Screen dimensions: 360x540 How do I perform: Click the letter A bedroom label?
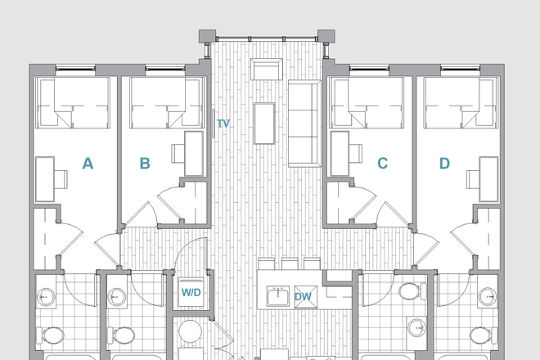[x=88, y=164]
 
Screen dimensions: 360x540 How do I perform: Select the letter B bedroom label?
[x=145, y=164]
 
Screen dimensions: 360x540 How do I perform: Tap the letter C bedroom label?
[x=382, y=164]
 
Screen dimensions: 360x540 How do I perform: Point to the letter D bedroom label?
[x=444, y=164]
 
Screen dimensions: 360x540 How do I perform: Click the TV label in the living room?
[x=223, y=124]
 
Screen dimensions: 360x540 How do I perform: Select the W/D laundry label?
[x=191, y=291]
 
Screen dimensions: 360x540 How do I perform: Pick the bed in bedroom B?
[x=160, y=103]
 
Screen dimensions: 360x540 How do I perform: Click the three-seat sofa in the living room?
[x=302, y=123]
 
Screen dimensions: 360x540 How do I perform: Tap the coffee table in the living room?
[x=264, y=123]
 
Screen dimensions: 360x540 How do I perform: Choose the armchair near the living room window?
[x=266, y=70]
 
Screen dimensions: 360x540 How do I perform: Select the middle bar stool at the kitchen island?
[x=289, y=263]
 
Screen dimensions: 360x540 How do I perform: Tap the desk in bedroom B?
[x=192, y=153]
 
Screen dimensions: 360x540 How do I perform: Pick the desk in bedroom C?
[x=335, y=153]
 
